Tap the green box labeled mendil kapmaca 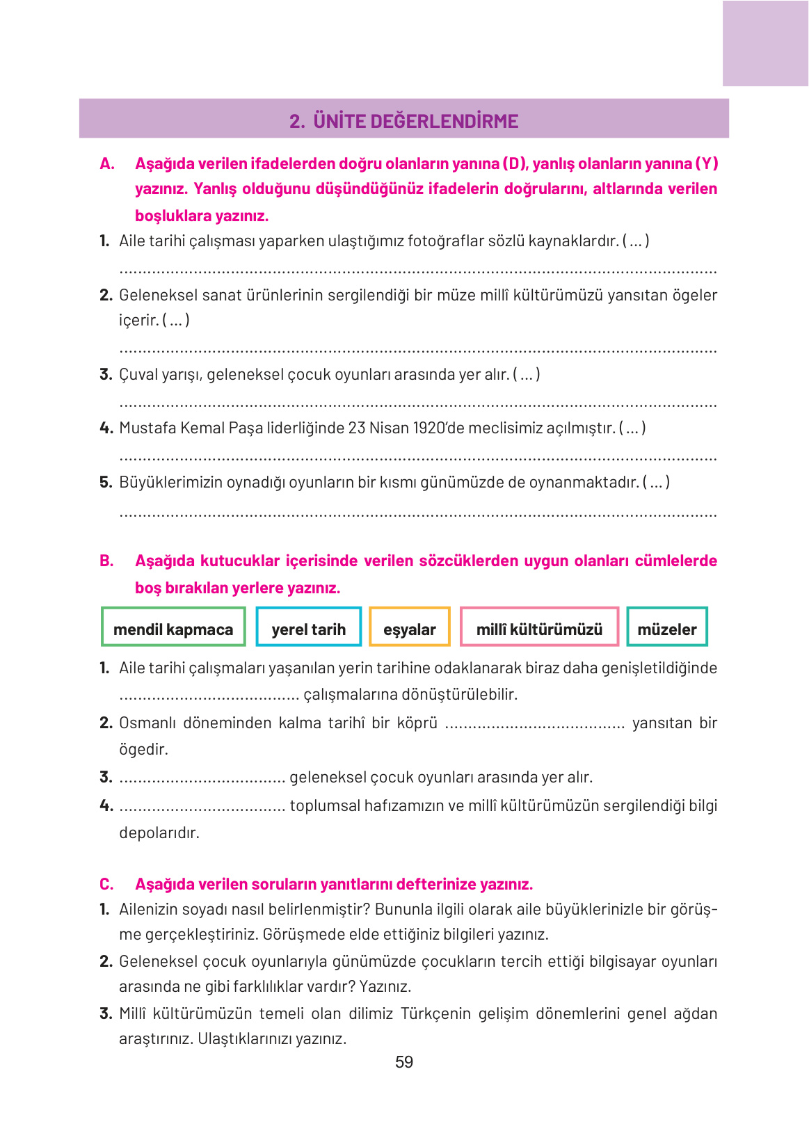173,628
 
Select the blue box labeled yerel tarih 308,628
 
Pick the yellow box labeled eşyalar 409,628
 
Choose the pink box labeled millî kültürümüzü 539,628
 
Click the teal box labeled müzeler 666,628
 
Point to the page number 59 404,1062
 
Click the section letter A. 106,164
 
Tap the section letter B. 106,561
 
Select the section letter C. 106,884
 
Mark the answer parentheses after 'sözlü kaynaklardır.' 636,241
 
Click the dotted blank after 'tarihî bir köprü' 534,724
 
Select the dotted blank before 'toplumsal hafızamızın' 202,807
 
